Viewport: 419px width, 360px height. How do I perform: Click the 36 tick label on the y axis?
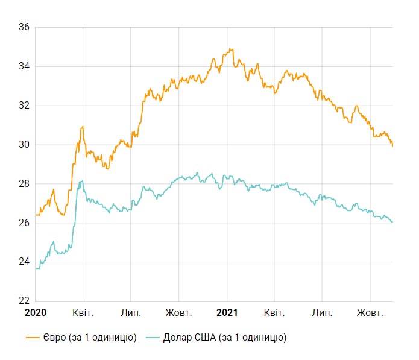25,27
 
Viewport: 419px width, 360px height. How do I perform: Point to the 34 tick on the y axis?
25,66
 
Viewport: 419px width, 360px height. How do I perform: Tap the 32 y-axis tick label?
25,106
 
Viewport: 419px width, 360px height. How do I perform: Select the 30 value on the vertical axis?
25,145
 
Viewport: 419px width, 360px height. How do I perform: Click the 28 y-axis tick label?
25,184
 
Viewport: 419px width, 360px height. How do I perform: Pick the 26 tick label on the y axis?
25,223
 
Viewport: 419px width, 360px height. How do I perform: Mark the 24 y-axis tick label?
25,262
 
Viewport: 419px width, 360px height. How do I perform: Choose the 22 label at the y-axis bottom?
25,301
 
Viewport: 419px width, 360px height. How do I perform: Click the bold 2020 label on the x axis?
35,313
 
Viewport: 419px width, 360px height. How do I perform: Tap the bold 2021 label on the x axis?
227,313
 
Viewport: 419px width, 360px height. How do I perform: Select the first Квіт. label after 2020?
83,313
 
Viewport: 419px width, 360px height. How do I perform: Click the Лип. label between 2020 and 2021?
131,313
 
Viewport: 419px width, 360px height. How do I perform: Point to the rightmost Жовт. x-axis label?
370,313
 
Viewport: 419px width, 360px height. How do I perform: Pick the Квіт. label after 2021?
274,313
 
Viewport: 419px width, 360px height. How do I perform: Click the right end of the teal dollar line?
392,223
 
